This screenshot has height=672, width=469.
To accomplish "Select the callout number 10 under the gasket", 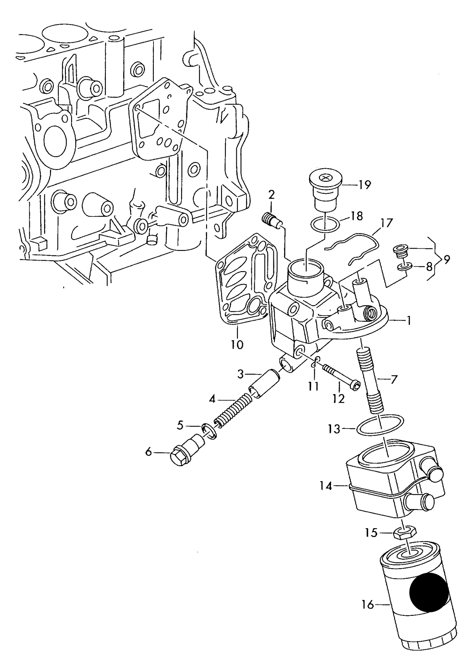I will tap(237, 344).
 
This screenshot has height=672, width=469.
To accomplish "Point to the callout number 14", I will tap(326, 486).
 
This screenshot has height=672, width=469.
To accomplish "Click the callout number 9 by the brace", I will tap(447, 259).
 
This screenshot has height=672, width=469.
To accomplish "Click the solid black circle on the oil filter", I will tap(429, 592).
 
